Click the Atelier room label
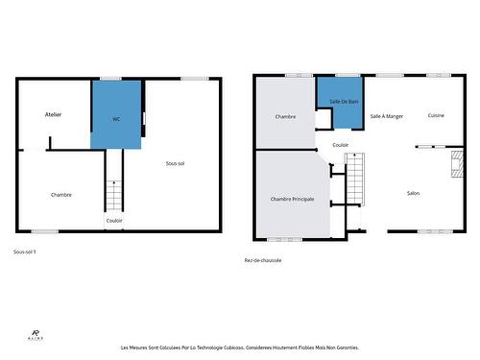click(53, 114)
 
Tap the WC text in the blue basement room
click(116, 119)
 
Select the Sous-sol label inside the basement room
click(175, 163)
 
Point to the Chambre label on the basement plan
click(61, 195)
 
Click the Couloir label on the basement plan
click(113, 220)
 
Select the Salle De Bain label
click(344, 101)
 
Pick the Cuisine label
click(436, 116)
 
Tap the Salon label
click(413, 193)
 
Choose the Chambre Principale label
click(291, 198)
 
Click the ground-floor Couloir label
click(340, 145)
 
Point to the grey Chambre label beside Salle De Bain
click(285, 117)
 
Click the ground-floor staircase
click(356, 177)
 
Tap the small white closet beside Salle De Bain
click(324, 118)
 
